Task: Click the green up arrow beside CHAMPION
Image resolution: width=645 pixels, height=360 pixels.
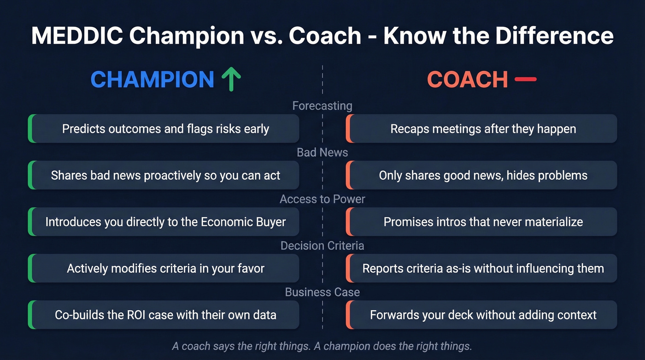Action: pos(231,79)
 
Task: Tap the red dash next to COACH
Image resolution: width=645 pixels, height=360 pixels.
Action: pos(525,79)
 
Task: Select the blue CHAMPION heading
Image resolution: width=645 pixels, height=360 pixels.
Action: pos(152,79)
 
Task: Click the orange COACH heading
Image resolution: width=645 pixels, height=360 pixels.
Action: pos(467,79)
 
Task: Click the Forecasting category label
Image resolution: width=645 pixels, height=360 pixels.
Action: pos(322,106)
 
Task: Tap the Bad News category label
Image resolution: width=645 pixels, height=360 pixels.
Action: pos(322,152)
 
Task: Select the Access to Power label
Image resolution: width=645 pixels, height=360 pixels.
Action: pos(322,199)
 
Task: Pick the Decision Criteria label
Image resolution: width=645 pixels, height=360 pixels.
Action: pos(322,245)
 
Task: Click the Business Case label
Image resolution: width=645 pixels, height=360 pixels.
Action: pos(322,292)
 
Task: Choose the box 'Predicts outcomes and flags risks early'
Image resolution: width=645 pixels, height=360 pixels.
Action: pos(165,129)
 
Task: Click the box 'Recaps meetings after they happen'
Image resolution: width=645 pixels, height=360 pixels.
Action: pos(483,129)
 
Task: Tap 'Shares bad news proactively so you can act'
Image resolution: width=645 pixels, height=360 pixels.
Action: pos(165,175)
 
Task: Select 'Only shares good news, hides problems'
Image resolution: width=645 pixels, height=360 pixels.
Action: pos(483,175)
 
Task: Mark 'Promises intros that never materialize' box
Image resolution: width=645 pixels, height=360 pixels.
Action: pos(483,222)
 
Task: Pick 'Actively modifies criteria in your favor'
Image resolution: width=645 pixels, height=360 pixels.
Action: pos(165,268)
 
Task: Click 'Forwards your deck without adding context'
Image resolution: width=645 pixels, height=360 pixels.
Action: pos(483,315)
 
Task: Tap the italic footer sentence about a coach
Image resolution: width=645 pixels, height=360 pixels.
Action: pos(322,345)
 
